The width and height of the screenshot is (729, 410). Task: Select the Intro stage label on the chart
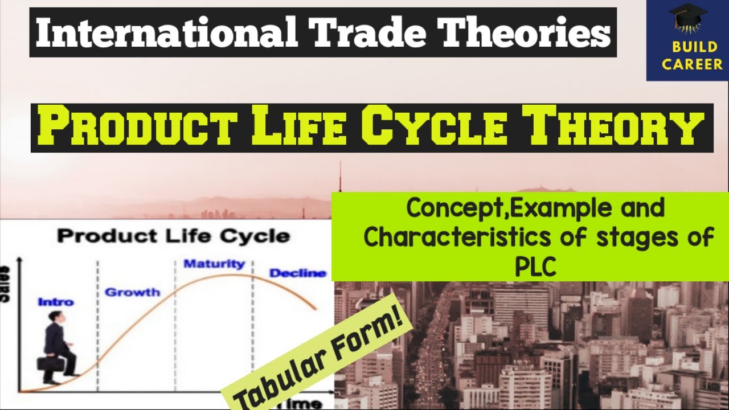[56, 302]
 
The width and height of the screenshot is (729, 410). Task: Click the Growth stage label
[133, 292]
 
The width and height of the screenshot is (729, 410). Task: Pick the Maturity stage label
[214, 264]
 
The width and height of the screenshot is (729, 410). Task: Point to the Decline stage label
[298, 273]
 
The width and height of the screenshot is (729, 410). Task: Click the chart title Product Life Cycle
[173, 236]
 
